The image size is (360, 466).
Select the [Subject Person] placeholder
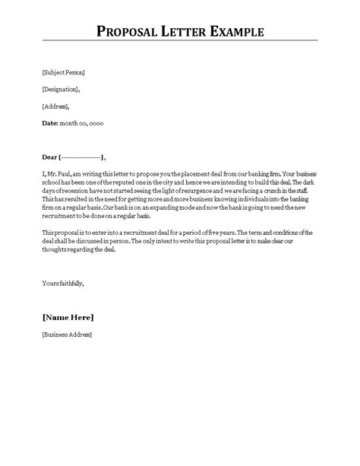click(64, 73)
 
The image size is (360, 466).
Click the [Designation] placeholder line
click(60, 89)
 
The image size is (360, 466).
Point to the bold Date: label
click(49, 122)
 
